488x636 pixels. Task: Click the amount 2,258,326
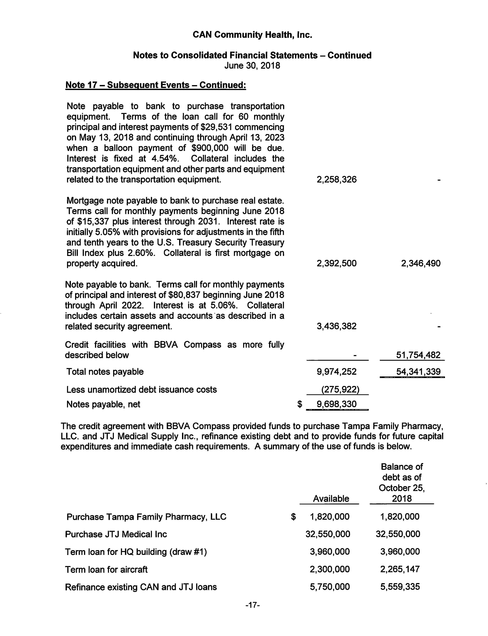337,179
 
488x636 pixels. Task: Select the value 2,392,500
337,263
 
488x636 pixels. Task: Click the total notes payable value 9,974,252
337,372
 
